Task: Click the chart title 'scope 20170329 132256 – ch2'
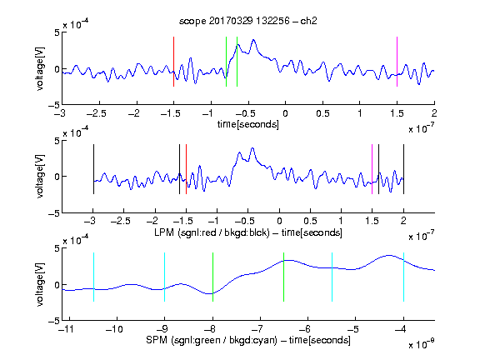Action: point(248,21)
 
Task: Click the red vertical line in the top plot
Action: point(173,62)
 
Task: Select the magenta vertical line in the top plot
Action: point(397,62)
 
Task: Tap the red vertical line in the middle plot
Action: point(186,169)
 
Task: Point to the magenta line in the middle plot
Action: point(372,169)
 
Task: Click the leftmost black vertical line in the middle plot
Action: point(93,169)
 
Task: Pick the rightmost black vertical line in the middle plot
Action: point(403,169)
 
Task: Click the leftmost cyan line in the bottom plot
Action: point(93,277)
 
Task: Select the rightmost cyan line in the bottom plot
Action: point(403,277)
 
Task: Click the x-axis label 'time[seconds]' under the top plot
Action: point(248,124)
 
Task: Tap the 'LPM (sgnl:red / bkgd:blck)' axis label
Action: point(212,232)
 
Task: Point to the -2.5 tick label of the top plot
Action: point(96,113)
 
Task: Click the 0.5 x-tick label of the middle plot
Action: point(310,221)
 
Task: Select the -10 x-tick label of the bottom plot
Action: point(114,329)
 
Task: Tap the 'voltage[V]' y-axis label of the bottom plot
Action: point(40,284)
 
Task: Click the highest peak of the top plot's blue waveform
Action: point(253,40)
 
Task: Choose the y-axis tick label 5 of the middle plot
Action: point(57,141)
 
